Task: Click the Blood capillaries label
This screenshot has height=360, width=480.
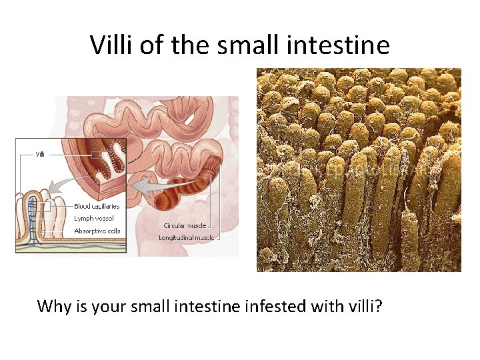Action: (97, 206)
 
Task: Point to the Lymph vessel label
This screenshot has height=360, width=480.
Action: (93, 218)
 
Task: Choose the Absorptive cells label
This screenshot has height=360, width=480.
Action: (97, 231)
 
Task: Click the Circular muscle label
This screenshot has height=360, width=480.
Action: (185, 225)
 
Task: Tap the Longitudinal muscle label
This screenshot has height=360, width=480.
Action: (188, 237)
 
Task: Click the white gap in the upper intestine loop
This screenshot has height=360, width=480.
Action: (189, 118)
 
